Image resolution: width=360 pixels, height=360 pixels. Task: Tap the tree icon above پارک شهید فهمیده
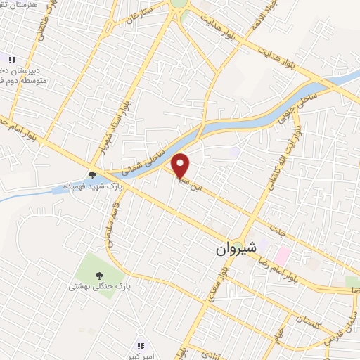[92, 175]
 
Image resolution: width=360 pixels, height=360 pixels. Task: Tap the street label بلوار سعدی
[224, 289]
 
